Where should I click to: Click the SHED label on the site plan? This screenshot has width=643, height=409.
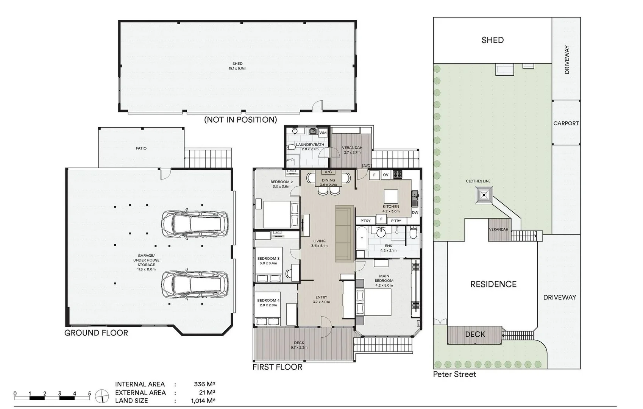(493, 40)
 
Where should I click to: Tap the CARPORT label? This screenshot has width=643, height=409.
(566, 123)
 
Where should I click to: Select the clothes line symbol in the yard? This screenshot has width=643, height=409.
(484, 195)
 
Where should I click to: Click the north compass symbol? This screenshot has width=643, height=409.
(102, 397)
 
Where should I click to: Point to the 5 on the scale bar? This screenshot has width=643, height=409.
(90, 393)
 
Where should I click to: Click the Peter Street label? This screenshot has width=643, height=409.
(454, 374)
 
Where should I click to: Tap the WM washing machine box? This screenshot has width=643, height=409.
(323, 133)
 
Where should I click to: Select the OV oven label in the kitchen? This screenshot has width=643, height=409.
(385, 175)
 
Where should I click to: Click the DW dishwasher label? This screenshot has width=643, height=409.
(415, 212)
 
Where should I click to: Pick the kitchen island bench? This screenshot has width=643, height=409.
(391, 197)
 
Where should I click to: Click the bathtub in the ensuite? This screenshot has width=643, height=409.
(362, 238)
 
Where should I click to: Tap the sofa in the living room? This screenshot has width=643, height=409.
(345, 233)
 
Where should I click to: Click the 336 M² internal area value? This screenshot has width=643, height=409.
(204, 384)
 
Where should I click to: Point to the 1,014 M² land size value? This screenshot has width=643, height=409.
(203, 401)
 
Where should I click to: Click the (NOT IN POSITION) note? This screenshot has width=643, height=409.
(240, 120)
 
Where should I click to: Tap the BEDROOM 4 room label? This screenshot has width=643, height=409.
(268, 301)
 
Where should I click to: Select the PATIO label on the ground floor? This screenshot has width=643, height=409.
(141, 148)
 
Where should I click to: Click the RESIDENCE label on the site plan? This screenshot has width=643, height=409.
(493, 284)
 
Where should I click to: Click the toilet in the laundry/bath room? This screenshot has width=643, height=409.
(291, 147)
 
